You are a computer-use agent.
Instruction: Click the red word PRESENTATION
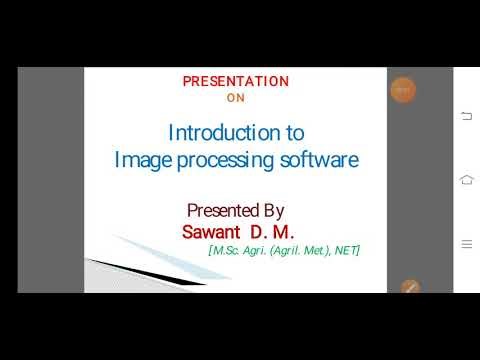[x=236, y=82]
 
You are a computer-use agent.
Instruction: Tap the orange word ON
[x=236, y=98]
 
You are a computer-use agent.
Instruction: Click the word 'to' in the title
[x=294, y=133]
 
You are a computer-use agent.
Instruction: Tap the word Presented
[x=222, y=211]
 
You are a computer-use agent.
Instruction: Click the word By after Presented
[x=273, y=211]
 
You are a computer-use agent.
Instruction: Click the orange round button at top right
[x=402, y=90]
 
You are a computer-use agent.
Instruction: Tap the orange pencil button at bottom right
[x=408, y=287]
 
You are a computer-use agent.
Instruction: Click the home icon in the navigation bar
[x=466, y=179]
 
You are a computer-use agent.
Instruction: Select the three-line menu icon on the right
[x=466, y=243]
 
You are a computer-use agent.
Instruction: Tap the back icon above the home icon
[x=466, y=116]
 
